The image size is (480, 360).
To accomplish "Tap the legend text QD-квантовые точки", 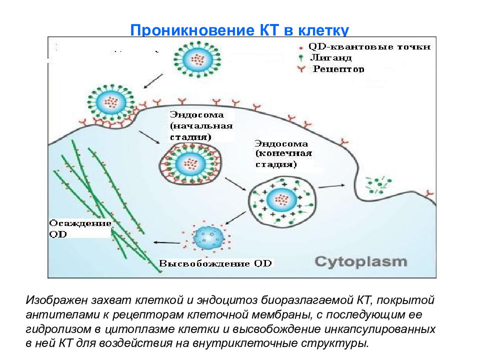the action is tap(369, 47).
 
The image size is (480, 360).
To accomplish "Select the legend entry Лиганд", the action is tap(330, 57).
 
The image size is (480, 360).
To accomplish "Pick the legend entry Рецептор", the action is tap(338, 69).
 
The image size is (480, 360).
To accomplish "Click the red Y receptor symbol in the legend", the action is tap(301, 69).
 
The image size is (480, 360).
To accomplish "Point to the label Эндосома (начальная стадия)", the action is tap(201, 126).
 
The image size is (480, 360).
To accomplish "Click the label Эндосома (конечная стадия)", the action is tap(283, 154).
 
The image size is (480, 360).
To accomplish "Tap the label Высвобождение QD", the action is tap(215, 263).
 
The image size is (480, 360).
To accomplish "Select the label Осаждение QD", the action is tap(80, 228).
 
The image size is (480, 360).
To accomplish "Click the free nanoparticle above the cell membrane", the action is tap(197, 59).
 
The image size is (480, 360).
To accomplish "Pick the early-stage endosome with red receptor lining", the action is tap(190, 164).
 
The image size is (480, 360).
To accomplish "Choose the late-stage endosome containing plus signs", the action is tap(282, 201).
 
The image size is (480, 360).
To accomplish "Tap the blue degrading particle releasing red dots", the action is tap(207, 237).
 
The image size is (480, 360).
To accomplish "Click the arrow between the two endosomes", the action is tap(235, 184).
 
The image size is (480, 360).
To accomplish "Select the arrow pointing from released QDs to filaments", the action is tap(167, 243).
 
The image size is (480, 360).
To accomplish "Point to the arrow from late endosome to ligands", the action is tap(332, 186).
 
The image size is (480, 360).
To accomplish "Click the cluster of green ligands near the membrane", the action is tap(378, 185).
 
